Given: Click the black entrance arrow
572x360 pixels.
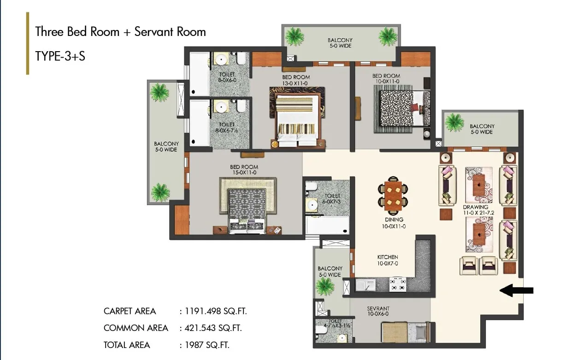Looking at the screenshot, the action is pos(516,290).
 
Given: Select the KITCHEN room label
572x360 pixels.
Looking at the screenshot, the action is pos(388,257).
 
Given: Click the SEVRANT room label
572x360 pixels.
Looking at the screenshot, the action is pos(378,308).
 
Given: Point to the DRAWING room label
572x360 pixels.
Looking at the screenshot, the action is pos(476,207).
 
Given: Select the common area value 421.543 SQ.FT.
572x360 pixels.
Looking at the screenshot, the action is pos(213,328).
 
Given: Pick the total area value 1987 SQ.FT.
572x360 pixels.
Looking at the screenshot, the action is pos(207,345).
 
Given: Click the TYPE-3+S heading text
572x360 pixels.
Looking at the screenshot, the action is pos(60,56).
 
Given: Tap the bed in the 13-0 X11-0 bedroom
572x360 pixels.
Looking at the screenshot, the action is pos(297,120).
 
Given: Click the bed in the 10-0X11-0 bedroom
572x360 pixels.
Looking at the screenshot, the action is pos(405,108).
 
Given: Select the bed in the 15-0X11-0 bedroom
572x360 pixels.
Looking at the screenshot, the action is pos(247,211).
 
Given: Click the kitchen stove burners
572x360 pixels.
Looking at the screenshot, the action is pos(398,284).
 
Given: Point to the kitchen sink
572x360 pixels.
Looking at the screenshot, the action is pos(366,285).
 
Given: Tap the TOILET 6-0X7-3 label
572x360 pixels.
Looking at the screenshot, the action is pos(331,199).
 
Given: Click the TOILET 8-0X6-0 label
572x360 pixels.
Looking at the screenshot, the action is pos(227,77).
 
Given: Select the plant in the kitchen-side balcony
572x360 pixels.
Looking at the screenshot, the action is pos(324,286).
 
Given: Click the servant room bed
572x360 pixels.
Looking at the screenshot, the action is pos(406,332).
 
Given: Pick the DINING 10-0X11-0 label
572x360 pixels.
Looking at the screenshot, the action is pos(394,223).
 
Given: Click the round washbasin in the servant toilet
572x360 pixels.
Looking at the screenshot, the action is pos(342,338).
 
